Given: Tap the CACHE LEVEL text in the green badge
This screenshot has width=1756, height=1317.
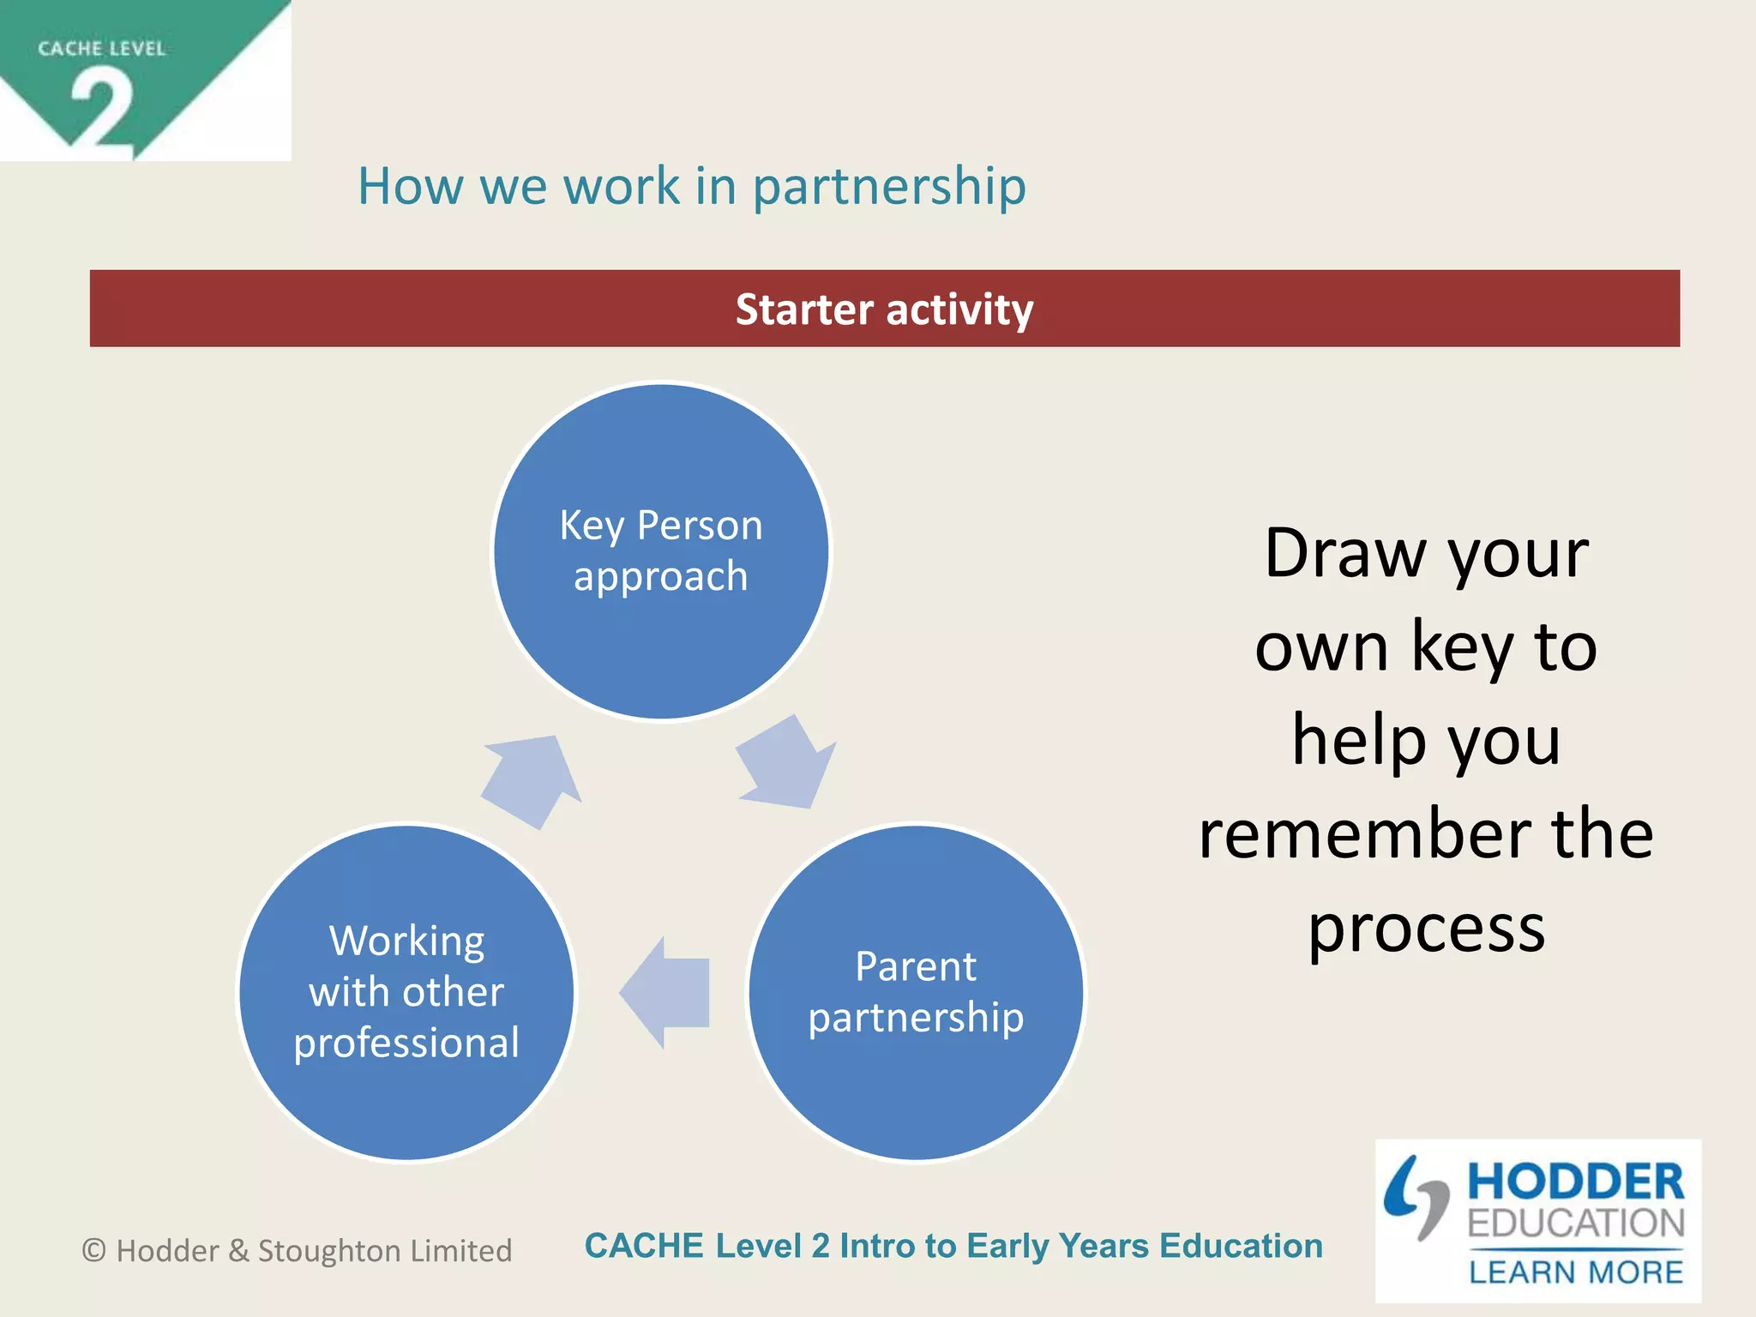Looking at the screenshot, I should [101, 49].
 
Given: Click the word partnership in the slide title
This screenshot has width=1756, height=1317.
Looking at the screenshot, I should [889, 187].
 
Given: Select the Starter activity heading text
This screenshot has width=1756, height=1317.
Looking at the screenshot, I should [884, 310].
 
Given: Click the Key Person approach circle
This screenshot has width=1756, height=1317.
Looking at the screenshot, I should [661, 551].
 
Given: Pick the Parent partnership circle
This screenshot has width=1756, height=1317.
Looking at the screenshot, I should [916, 992].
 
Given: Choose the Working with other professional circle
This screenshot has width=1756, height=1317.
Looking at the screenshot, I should [406, 992].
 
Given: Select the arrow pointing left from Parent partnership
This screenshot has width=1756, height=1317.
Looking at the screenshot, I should [665, 992].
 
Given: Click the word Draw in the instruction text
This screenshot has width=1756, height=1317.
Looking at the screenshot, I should [1344, 555].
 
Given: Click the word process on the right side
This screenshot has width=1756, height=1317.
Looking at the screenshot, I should [1426, 930].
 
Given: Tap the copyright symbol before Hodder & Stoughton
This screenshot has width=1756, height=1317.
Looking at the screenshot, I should [93, 1251].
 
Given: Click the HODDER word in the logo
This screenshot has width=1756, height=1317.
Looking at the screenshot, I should [1576, 1182].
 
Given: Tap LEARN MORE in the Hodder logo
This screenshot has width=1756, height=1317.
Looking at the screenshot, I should [1576, 1272].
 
